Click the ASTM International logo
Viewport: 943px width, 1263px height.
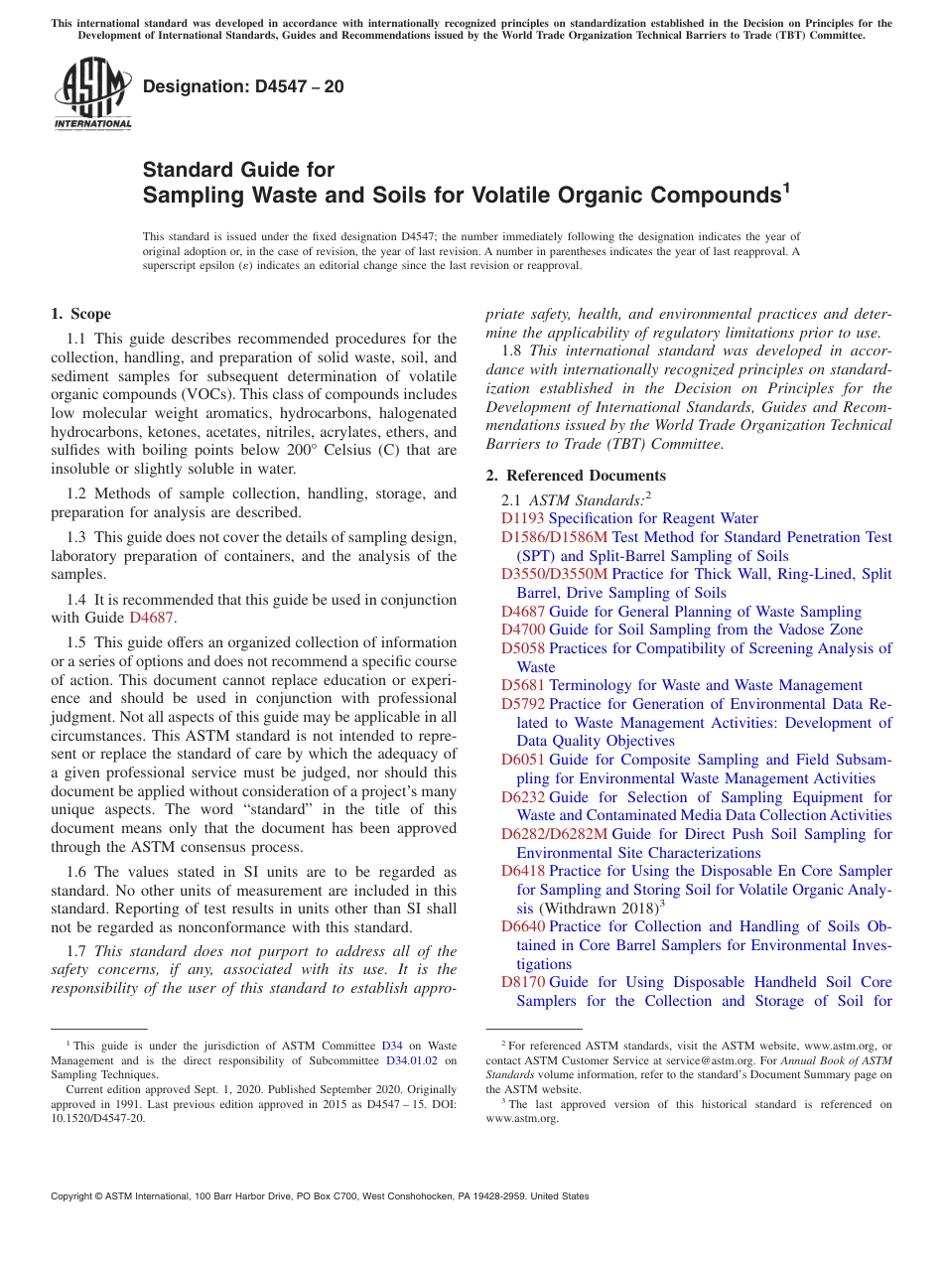[x=92, y=95]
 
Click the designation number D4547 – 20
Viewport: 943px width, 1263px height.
[x=243, y=86]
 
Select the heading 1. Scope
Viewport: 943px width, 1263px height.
[x=81, y=314]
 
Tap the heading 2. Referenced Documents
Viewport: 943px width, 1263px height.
[x=576, y=475]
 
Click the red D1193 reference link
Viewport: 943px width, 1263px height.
[x=523, y=518]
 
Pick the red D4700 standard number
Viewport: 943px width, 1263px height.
[x=523, y=630]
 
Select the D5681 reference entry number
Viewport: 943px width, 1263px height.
[x=523, y=685]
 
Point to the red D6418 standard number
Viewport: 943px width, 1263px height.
[x=523, y=871]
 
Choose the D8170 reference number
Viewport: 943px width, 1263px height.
[x=523, y=982]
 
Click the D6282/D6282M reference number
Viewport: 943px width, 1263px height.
[x=554, y=834]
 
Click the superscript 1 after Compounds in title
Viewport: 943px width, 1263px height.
[x=786, y=187]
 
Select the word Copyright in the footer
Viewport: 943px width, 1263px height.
[x=75, y=1196]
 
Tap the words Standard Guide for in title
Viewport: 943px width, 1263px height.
[x=238, y=170]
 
